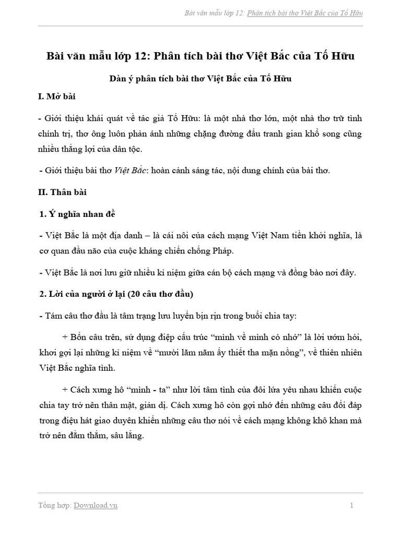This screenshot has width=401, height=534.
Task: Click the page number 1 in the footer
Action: click(352, 505)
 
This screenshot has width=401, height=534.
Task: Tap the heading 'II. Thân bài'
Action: click(63, 192)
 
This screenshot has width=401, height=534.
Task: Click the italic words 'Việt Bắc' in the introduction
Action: click(131, 170)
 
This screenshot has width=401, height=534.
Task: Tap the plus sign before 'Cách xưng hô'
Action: click(65, 390)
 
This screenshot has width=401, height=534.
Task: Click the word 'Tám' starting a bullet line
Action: click(54, 316)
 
